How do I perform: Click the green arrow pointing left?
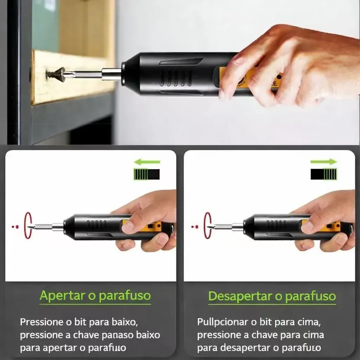click(147, 162)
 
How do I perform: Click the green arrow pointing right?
click(323, 162)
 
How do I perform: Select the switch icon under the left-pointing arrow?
click(147, 174)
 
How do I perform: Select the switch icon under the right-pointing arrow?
click(324, 174)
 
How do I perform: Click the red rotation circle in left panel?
click(28, 226)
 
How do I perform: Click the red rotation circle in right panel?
click(208, 226)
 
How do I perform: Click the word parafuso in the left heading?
click(125, 296)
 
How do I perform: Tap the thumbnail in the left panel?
click(128, 227)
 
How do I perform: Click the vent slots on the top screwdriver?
click(176, 78)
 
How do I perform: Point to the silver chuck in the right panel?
click(238, 227)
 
